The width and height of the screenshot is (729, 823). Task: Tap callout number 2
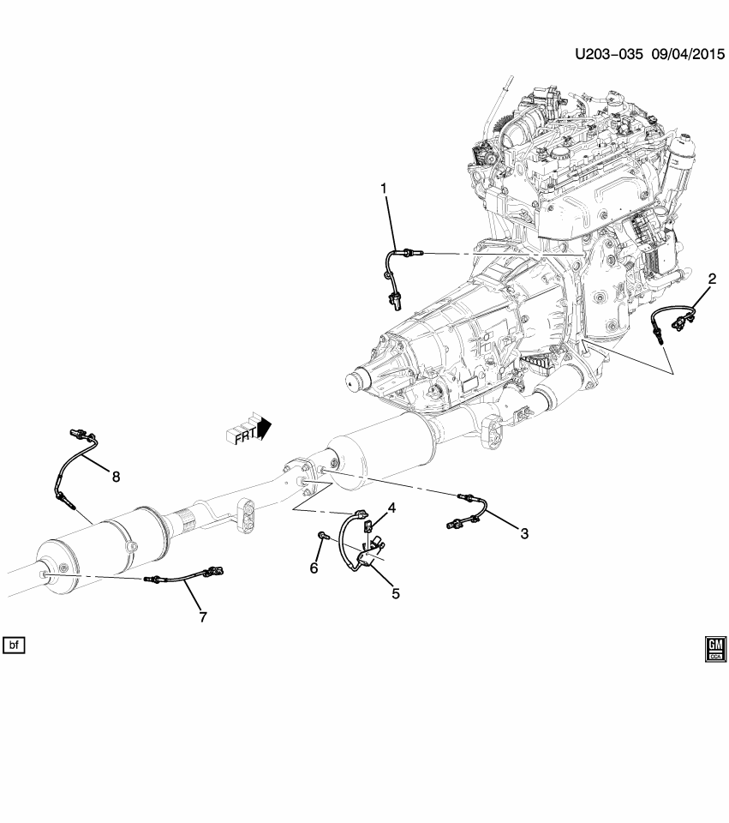point(712,278)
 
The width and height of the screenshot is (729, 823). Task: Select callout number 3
point(523,533)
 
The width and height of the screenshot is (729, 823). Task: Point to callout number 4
point(391,508)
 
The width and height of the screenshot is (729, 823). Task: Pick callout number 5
point(396,592)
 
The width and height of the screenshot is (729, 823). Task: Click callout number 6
point(314,568)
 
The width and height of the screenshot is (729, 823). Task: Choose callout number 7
point(202,616)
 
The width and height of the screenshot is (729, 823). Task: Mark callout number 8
point(115,476)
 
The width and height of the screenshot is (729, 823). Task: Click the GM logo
point(715,649)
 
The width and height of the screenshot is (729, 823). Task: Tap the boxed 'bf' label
point(15,643)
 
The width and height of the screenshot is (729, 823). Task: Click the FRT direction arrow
point(251,430)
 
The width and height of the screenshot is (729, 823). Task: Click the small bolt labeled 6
point(320,536)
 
